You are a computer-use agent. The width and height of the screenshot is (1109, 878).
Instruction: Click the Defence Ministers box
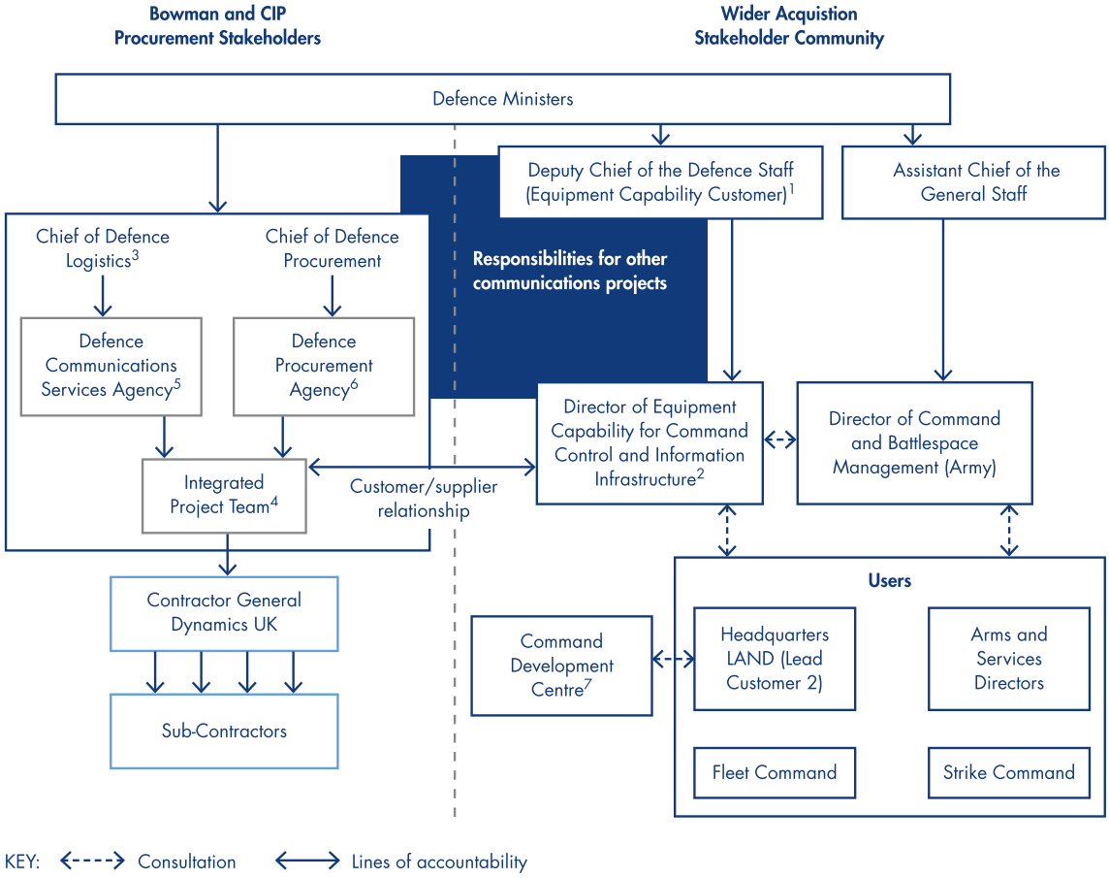[502, 99]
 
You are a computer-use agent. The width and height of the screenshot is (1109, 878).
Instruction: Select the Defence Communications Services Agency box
[111, 366]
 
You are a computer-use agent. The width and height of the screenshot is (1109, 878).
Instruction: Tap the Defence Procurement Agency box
[324, 366]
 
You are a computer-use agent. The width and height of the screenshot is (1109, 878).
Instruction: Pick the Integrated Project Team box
[224, 495]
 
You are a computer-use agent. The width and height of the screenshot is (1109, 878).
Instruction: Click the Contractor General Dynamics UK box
[224, 612]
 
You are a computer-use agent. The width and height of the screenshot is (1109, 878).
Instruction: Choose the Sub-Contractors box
[224, 731]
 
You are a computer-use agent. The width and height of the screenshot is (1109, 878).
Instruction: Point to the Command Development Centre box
[561, 666]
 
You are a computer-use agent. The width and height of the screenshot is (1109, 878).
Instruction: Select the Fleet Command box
[774, 773]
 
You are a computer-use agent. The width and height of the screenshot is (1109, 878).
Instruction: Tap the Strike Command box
[1008, 773]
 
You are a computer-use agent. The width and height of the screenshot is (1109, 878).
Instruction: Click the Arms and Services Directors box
[1008, 659]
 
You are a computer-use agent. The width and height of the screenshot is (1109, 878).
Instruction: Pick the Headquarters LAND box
[774, 659]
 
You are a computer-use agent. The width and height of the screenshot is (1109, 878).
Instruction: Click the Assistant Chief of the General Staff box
[973, 181]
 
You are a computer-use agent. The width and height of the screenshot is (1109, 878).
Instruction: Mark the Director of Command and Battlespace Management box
[914, 443]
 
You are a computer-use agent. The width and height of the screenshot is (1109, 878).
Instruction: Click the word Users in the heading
[889, 581]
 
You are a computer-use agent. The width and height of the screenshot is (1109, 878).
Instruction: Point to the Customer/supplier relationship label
[423, 499]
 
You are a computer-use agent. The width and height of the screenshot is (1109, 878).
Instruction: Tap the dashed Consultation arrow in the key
[92, 861]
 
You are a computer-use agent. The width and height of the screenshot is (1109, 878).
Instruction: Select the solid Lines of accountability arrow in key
[307, 861]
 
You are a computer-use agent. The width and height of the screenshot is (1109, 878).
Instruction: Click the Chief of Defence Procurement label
[332, 248]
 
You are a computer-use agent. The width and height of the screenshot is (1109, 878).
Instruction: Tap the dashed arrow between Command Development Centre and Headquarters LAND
[674, 660]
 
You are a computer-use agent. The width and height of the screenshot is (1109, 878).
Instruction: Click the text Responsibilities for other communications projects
[569, 272]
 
